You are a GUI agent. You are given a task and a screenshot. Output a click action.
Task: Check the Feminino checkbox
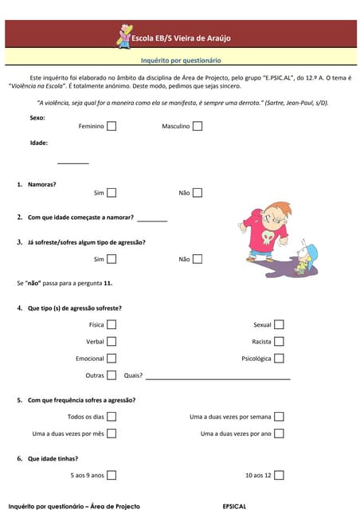click(x=112, y=126)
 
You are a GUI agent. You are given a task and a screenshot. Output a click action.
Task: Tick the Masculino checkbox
click(x=197, y=126)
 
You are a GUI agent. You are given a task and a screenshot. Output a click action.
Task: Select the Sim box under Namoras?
click(x=112, y=192)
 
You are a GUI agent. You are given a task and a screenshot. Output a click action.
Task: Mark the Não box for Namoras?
click(x=197, y=192)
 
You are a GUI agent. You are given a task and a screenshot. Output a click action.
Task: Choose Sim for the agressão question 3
click(x=112, y=259)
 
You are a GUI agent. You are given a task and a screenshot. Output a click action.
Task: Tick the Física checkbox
click(x=112, y=324)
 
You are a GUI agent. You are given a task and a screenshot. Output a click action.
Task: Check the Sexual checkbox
click(x=279, y=324)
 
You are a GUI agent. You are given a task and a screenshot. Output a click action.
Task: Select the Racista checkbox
click(x=279, y=342)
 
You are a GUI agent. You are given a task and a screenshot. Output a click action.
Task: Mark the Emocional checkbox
click(x=112, y=359)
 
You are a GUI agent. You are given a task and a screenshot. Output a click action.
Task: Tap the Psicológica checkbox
click(x=279, y=359)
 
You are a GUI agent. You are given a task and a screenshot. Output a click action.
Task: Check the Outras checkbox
click(x=112, y=375)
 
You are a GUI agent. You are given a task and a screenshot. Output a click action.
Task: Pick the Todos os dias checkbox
click(x=112, y=416)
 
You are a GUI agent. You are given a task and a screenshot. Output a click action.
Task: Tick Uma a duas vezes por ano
click(x=279, y=433)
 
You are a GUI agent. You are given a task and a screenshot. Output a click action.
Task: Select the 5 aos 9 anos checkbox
click(x=112, y=475)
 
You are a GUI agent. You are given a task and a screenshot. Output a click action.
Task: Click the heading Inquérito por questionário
click(x=181, y=60)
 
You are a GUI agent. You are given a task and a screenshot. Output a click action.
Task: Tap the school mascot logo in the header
click(x=124, y=36)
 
